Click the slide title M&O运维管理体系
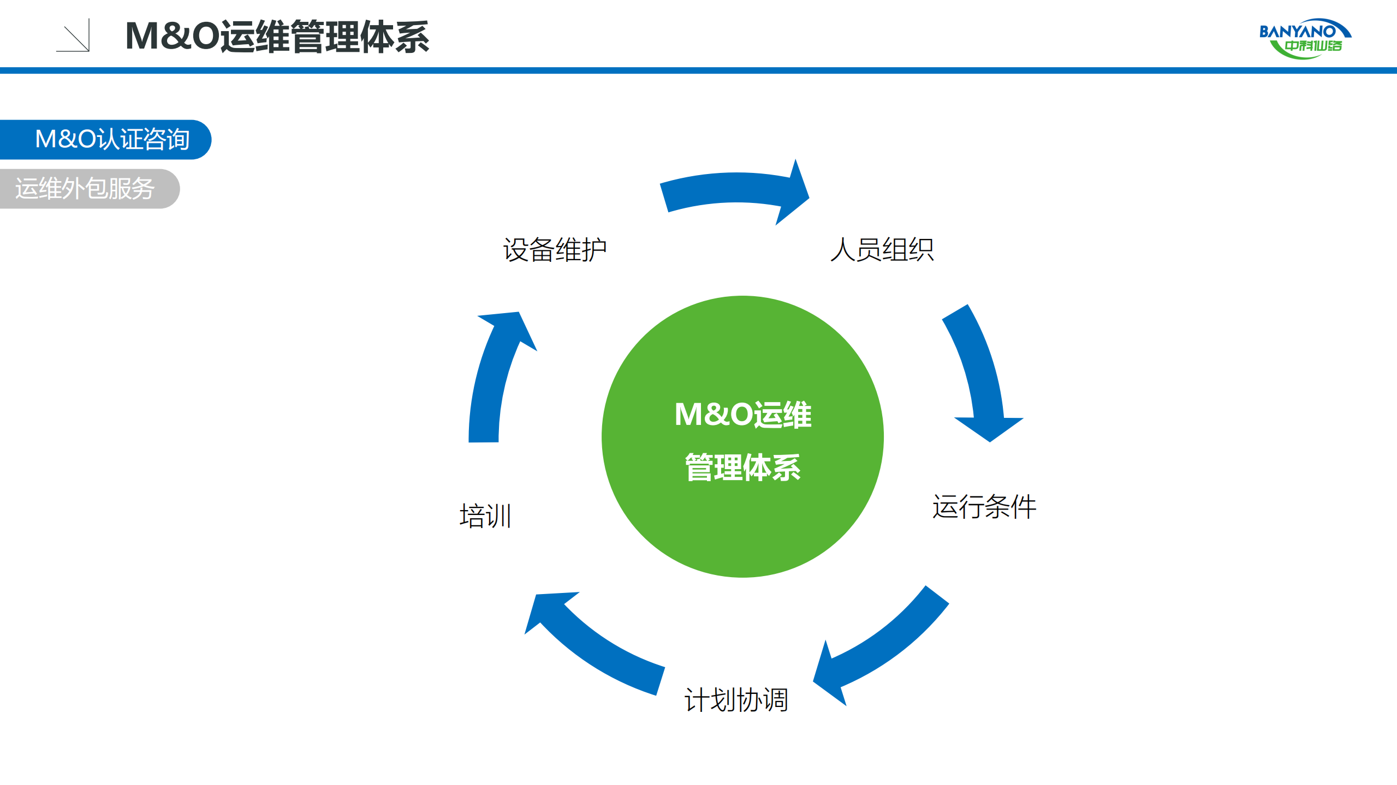pos(277,37)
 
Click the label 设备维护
pos(554,250)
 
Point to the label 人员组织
pos(882,250)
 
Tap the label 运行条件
pos(984,507)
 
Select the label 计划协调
pos(736,700)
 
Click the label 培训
pos(485,516)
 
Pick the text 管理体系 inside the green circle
pos(742,468)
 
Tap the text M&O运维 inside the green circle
pos(742,415)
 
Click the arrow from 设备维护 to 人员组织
pos(732,189)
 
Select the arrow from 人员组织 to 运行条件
pos(980,376)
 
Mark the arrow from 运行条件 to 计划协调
pos(884,644)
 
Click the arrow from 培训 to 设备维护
pos(491,382)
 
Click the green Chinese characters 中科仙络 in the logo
pos(1312,46)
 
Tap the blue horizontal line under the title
pos(698,70)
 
